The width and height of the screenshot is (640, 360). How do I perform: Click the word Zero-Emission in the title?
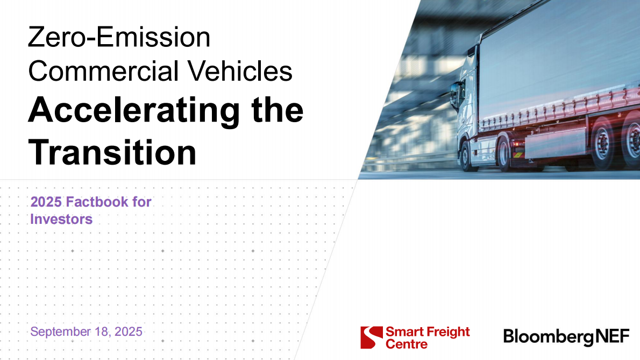coord(119,37)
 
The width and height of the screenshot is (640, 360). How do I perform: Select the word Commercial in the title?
coord(104,71)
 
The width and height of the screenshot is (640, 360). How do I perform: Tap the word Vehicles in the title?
coord(239,71)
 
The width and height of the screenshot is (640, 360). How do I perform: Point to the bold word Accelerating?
coord(134,111)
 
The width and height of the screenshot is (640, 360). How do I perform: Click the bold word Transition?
coord(112,152)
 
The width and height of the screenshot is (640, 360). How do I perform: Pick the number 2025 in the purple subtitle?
coord(46,202)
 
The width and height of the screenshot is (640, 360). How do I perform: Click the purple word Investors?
coord(61,219)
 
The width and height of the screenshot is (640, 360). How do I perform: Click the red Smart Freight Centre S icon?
coord(372,337)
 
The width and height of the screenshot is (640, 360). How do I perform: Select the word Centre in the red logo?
coord(407,344)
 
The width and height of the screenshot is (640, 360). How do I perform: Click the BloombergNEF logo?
coord(566,337)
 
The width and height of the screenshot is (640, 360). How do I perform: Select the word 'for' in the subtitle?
coord(141,202)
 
